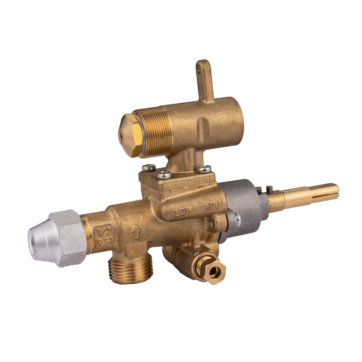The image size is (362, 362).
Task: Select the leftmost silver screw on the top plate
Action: pyautogui.click(x=149, y=167)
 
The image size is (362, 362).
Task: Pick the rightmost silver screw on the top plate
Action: pyautogui.click(x=205, y=169)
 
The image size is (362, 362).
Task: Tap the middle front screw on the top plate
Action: pyautogui.click(x=164, y=175)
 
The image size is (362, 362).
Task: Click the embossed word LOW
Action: pyautogui.click(x=183, y=211)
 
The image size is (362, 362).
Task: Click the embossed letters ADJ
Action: pyautogui.click(x=212, y=206)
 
